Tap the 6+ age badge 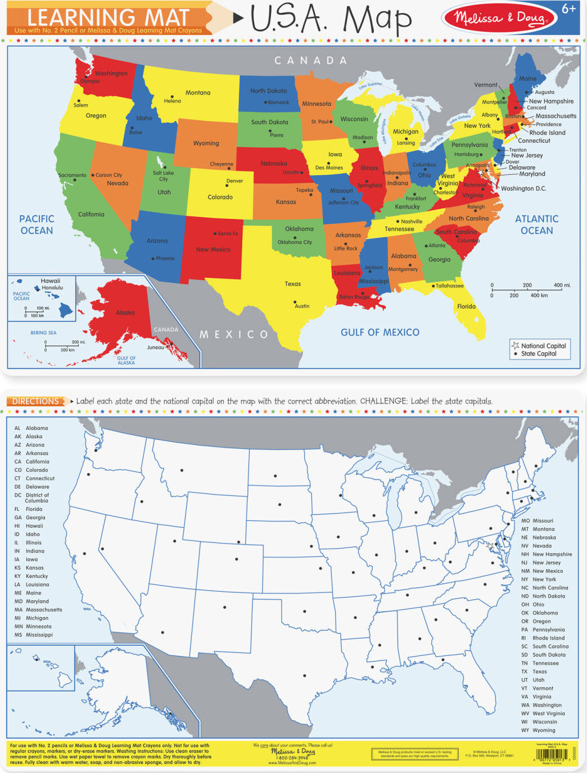569,10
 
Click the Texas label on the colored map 292,284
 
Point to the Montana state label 198,93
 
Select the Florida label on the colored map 466,307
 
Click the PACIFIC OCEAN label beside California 37,224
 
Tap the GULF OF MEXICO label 380,332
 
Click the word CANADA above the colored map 310,60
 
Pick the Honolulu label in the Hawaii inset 52,288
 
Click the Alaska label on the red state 125,313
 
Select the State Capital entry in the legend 538,354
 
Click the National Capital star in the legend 515,345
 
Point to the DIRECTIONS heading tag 35,401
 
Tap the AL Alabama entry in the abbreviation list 31,428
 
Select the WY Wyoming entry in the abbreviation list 538,730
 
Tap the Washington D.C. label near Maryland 523,188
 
